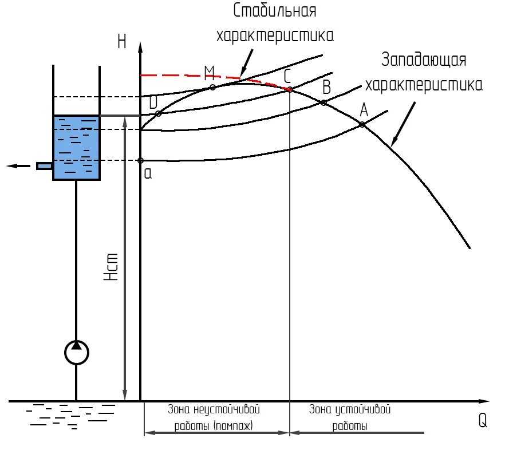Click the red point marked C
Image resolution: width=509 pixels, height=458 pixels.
pos(290,89)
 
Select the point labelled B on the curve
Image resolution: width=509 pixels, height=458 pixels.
pos(323,102)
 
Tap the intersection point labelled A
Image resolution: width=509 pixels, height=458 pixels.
pos(362,124)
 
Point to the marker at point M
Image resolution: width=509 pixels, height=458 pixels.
pos(213,87)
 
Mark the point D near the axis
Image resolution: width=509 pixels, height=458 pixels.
pos(159,113)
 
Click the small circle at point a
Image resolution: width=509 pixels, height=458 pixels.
pos(141,160)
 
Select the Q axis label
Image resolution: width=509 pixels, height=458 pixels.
pos(483,421)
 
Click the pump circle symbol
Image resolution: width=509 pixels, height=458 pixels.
pos(76,353)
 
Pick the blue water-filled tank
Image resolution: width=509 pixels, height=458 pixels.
pos(77,147)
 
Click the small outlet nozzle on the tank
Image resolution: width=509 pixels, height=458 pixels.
pos(45,166)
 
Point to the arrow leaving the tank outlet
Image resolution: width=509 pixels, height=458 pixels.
pos(18,166)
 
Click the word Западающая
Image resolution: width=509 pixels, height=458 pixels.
pos(424,60)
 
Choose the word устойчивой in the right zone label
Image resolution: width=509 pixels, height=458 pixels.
pos(363,410)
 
